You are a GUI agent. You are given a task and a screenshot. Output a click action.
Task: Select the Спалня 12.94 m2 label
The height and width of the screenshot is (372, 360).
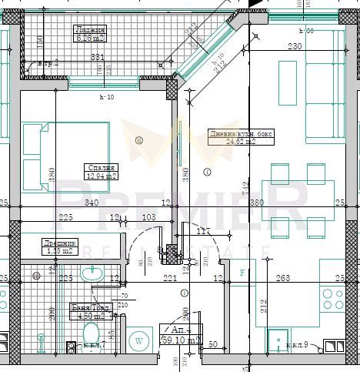coord(100,171)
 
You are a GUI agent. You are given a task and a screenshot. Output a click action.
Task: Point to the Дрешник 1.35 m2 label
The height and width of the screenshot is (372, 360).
coord(58,246)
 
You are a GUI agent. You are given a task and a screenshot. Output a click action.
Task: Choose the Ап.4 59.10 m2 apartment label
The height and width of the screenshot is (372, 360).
coord(181,333)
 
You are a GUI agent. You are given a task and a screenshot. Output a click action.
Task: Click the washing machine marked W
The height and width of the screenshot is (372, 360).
coord(139,340)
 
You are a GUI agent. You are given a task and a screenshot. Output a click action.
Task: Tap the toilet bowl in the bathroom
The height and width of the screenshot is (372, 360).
coord(91,334)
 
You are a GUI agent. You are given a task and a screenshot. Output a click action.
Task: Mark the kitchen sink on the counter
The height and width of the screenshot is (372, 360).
coord(277,339)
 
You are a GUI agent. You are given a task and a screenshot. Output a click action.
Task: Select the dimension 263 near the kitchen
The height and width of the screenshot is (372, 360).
coord(283,278)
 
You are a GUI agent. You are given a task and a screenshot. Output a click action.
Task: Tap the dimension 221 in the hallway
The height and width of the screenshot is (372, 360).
coord(170,278)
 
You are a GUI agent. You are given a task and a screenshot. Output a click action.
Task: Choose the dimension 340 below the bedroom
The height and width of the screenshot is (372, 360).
coord(92,204)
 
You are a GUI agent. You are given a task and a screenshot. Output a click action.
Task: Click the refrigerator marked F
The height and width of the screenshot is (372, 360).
coord(244,273)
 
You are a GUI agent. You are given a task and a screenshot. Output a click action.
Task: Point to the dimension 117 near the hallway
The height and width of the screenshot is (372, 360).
coord(203,231)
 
